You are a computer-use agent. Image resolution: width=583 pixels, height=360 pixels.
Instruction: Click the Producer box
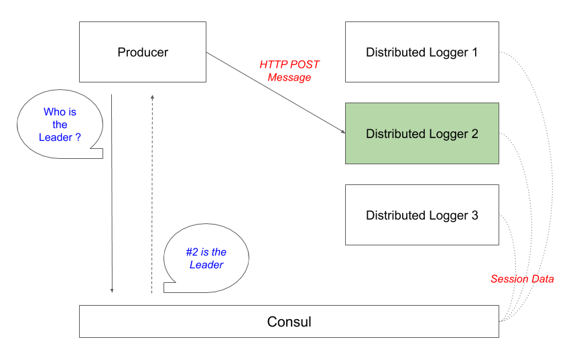143,52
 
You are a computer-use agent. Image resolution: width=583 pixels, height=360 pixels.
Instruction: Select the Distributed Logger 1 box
422,52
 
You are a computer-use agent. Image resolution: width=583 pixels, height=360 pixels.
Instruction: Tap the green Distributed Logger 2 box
422,133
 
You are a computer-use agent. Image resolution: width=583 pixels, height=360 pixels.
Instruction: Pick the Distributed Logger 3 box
422,215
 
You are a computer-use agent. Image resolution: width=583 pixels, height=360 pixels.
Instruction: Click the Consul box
289,322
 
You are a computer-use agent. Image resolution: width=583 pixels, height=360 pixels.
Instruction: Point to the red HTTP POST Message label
289,70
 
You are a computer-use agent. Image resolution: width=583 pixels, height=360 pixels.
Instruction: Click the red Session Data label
522,279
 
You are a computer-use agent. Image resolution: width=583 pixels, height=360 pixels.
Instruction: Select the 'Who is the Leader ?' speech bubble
60,124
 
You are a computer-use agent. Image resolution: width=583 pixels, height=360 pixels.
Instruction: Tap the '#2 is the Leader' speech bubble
206,258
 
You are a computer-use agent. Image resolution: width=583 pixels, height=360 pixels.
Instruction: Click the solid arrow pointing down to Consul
111,193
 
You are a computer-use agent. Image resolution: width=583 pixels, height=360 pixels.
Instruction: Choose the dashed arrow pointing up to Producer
152,194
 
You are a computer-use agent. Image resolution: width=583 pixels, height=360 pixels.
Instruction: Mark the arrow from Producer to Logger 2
276,93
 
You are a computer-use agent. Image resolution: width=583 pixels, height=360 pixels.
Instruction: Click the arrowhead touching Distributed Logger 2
343,131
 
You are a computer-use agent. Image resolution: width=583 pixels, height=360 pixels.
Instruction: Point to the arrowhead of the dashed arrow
152,97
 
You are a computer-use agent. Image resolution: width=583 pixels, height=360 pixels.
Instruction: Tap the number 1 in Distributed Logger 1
474,52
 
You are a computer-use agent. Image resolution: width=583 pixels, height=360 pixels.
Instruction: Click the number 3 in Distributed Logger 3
475,215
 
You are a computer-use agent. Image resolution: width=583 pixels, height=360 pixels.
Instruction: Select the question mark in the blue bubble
78,137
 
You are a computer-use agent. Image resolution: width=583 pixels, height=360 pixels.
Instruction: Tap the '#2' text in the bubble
192,252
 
